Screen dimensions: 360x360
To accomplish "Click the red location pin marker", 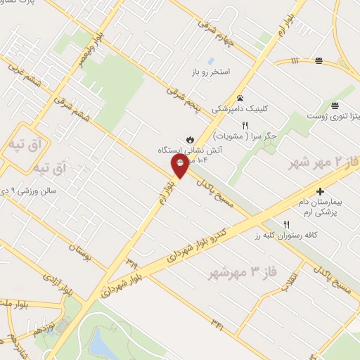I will pyautogui.click(x=179, y=166).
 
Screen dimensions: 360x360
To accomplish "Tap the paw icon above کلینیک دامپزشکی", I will pyautogui.click(x=240, y=98).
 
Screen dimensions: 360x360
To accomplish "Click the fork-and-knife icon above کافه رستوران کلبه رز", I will pyautogui.click(x=285, y=225).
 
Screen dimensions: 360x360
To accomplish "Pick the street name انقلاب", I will pyautogui.click(x=288, y=279).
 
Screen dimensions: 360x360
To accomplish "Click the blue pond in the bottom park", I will pyautogui.click(x=101, y=344).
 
